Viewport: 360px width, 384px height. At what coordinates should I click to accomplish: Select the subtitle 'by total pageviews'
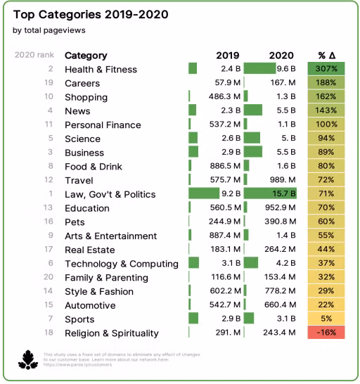click(46, 30)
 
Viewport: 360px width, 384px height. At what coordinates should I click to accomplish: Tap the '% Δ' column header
click(326, 56)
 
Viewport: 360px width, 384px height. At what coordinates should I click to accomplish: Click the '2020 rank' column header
click(34, 56)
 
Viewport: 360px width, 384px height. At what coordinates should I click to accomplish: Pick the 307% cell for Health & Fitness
click(326, 69)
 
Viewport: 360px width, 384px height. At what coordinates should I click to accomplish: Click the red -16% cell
click(326, 333)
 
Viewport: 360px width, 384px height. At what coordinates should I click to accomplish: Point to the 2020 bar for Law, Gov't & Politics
click(269, 194)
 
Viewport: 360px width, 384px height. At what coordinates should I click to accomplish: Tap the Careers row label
click(82, 83)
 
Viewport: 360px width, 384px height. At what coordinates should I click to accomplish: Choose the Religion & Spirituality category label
click(111, 333)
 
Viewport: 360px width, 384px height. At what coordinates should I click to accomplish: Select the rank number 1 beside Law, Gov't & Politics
click(51, 194)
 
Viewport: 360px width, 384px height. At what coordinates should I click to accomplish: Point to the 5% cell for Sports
click(326, 319)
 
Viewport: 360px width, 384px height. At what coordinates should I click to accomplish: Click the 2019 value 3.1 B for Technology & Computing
click(229, 264)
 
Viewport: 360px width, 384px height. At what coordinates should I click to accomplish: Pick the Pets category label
click(75, 222)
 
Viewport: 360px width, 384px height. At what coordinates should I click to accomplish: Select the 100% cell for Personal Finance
click(326, 124)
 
